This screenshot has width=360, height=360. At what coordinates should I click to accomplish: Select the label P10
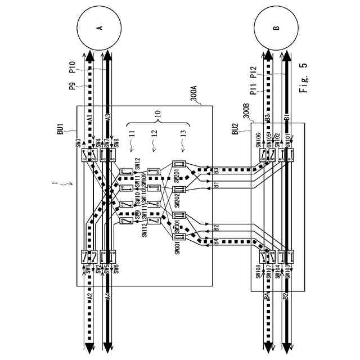[73, 68]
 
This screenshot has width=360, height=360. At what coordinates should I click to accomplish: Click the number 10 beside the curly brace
[159, 115]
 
